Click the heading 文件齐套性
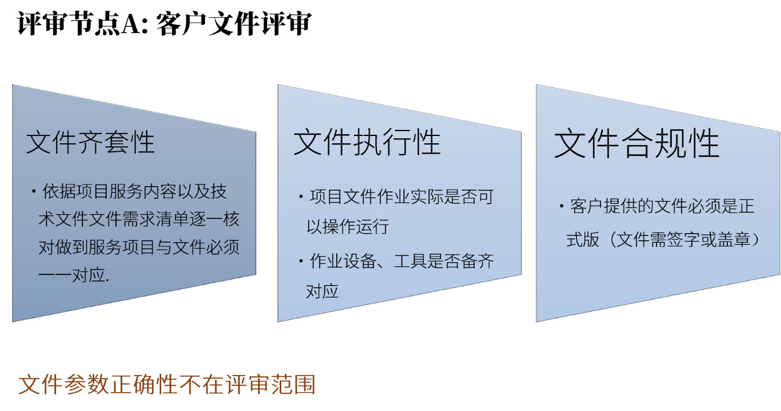pos(90,143)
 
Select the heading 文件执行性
pos(367,141)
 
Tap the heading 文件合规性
pos(637,143)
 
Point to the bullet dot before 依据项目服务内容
pos(34,191)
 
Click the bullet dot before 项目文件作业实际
pos(301,197)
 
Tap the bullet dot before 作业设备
pos(301,261)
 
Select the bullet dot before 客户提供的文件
pos(561,206)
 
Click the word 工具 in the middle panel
pos(411,261)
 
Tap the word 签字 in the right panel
pos(683,240)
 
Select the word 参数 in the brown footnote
pos(76,385)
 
